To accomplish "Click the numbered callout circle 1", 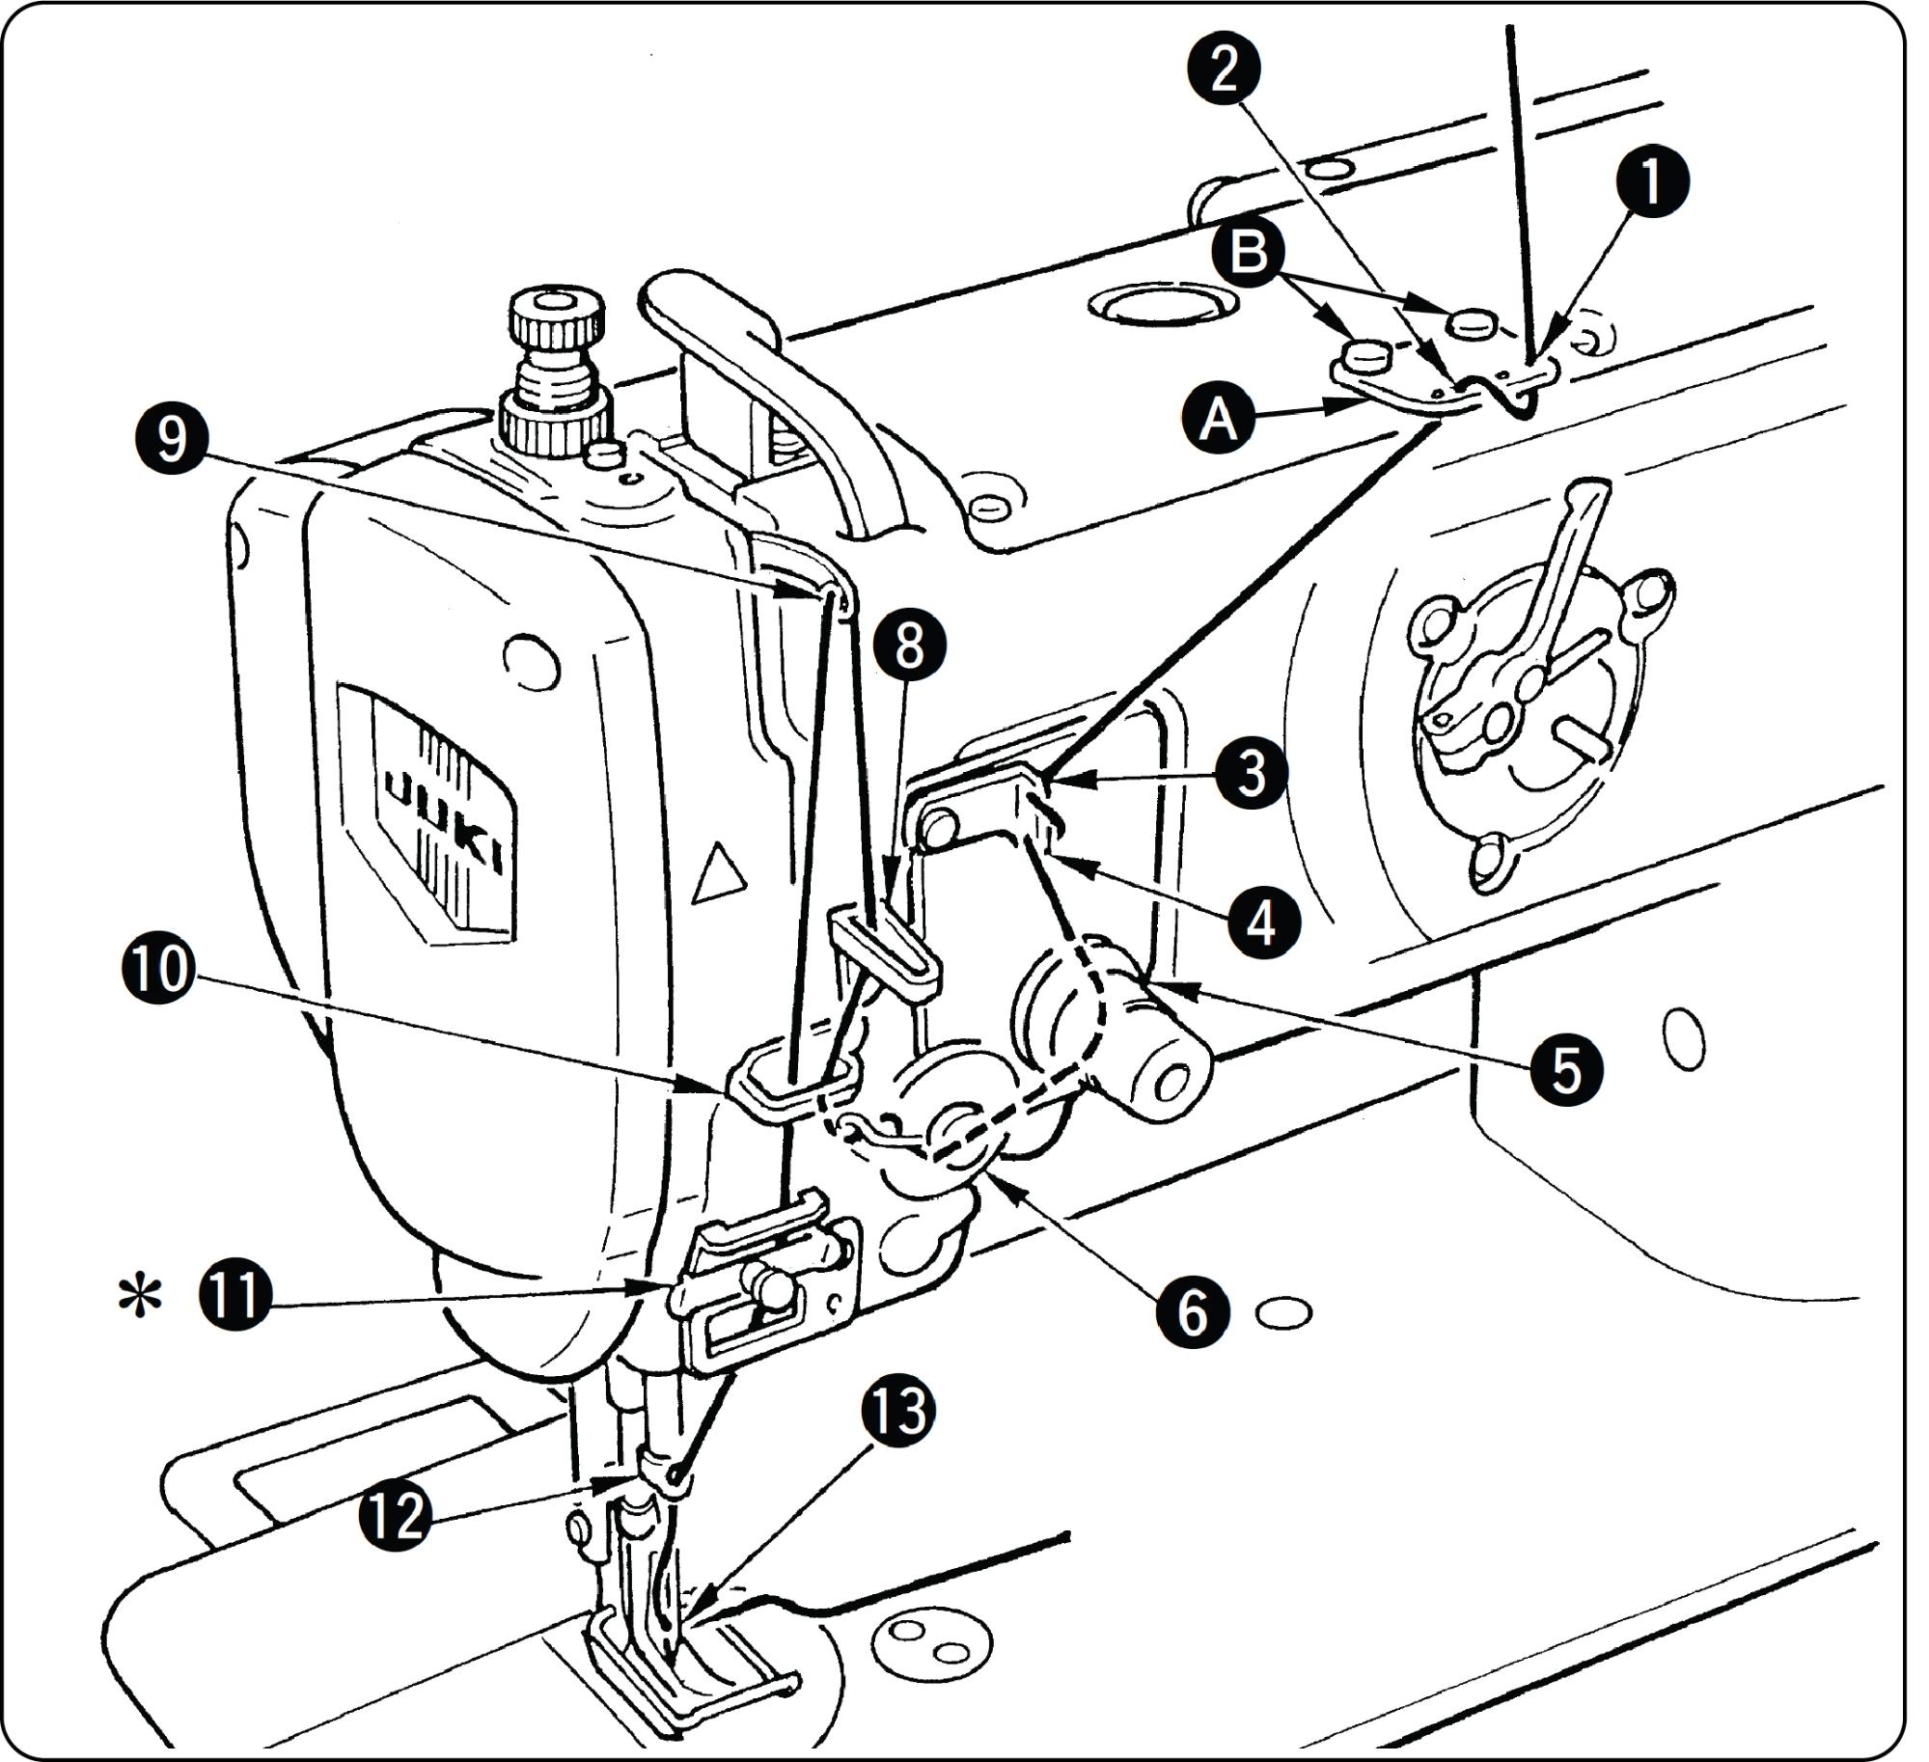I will tap(1651, 180).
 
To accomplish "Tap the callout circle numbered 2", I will tap(1224, 69).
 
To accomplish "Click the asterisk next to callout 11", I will tap(139, 1297).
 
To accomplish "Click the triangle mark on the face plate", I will tap(720, 875).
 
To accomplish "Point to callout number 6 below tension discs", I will tap(1193, 1310).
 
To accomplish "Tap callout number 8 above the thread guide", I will tap(909, 646).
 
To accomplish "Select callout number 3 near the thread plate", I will tap(1251, 772).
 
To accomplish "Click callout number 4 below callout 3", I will tap(1262, 922).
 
